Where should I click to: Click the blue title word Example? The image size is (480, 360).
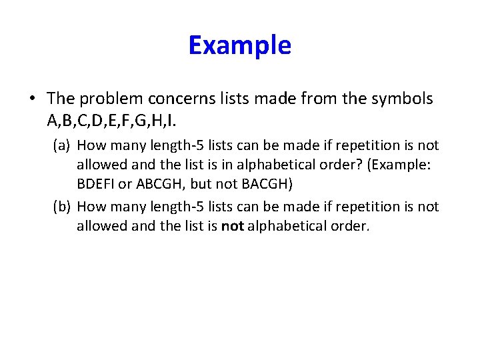[x=239, y=45]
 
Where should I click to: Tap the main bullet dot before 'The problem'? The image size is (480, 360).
[x=32, y=99]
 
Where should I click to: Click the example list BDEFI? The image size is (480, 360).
[x=95, y=183]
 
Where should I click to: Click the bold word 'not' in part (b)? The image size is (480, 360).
[x=232, y=226]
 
